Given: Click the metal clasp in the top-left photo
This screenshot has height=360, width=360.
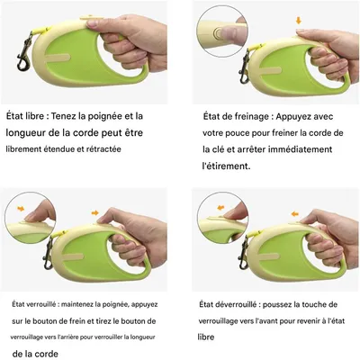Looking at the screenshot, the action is click(24, 54).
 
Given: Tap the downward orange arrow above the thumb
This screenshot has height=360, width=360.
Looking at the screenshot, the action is click(298, 21).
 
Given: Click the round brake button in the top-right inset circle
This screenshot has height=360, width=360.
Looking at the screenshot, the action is click(218, 32).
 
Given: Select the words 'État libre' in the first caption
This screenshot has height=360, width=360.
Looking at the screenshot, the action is click(25, 116).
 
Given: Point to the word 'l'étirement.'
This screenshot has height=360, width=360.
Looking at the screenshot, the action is click(226, 166).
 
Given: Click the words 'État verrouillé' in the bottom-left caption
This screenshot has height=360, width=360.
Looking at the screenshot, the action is click(34, 304).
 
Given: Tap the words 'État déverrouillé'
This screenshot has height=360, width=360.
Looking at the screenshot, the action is click(228, 304).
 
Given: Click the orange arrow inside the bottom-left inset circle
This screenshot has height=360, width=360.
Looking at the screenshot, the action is click(21, 209).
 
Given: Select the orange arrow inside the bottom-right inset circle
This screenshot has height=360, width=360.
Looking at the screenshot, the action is click(220, 208).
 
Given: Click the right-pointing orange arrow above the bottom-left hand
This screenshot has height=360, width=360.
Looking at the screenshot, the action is click(94, 213).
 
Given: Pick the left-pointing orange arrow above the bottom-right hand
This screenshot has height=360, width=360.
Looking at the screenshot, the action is click(295, 214).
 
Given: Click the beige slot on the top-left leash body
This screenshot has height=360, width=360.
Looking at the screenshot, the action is click(58, 57).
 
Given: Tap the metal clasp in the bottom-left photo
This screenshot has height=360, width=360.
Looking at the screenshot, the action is click(48, 254).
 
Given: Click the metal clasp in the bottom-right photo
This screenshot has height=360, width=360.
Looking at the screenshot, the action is click(243, 254).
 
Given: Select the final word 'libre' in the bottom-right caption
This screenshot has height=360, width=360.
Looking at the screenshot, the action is click(206, 337).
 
